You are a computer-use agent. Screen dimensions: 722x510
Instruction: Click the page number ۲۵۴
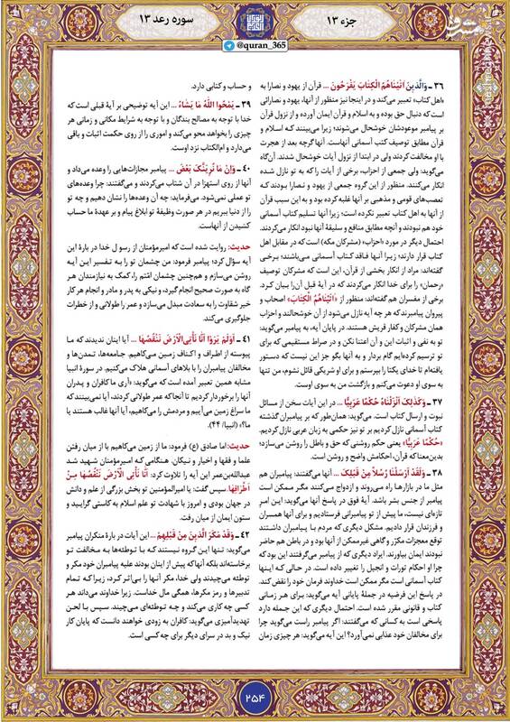pyautogui.click(x=255, y=695)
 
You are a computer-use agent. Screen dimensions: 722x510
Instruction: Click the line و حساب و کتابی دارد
pyautogui.click(x=192, y=79)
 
